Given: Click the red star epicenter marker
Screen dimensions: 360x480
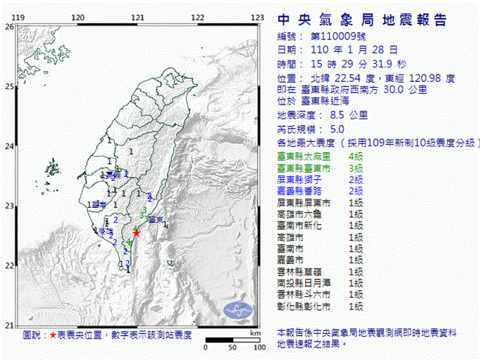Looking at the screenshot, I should coord(135,233).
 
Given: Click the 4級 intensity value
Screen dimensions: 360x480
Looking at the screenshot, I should coord(356,157).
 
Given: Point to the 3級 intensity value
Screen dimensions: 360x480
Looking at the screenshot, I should coord(356,168).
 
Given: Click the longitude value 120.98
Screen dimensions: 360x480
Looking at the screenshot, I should coord(428,77).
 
